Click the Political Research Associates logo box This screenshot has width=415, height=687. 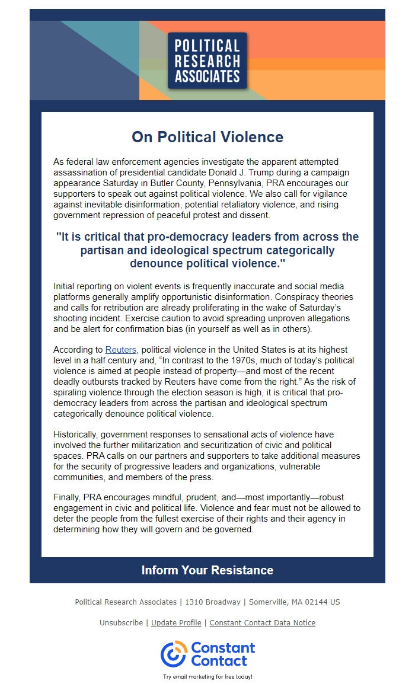207,60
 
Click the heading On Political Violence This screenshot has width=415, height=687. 207,137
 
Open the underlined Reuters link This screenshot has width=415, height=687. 122,350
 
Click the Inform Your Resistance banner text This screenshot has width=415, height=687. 207,570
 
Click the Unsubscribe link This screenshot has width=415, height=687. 121,622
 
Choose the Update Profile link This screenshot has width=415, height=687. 176,622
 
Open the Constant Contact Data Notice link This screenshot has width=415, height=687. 263,622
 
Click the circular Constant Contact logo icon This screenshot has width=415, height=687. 173,654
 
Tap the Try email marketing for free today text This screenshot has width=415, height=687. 207,676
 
